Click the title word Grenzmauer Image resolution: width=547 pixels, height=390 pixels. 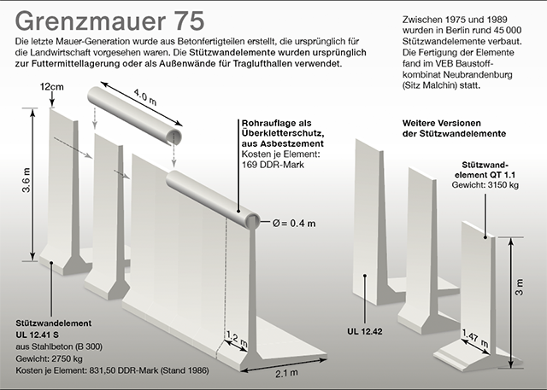pos(91,20)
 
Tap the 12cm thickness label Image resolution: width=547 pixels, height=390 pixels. pos(51,87)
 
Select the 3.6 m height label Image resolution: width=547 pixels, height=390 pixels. pos(26,180)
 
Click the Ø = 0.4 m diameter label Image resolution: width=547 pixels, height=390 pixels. pos(294,224)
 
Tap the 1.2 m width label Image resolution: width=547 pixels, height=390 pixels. pos(237,339)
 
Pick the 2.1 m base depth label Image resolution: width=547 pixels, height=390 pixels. pos(286,373)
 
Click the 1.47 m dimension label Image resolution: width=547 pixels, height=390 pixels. pos(476,339)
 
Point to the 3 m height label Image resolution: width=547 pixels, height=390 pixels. pos(519,287)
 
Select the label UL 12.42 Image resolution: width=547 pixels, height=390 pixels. pos(365,331)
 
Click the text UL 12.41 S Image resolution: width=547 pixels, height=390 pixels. pos(37,335)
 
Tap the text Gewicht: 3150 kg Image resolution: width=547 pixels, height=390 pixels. pos(485,184)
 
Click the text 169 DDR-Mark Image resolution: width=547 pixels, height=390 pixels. pos(273,165)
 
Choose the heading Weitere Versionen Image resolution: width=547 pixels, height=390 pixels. pos(442,123)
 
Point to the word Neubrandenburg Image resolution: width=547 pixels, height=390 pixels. pos(478,74)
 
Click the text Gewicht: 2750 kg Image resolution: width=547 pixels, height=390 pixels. pos(50,358)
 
